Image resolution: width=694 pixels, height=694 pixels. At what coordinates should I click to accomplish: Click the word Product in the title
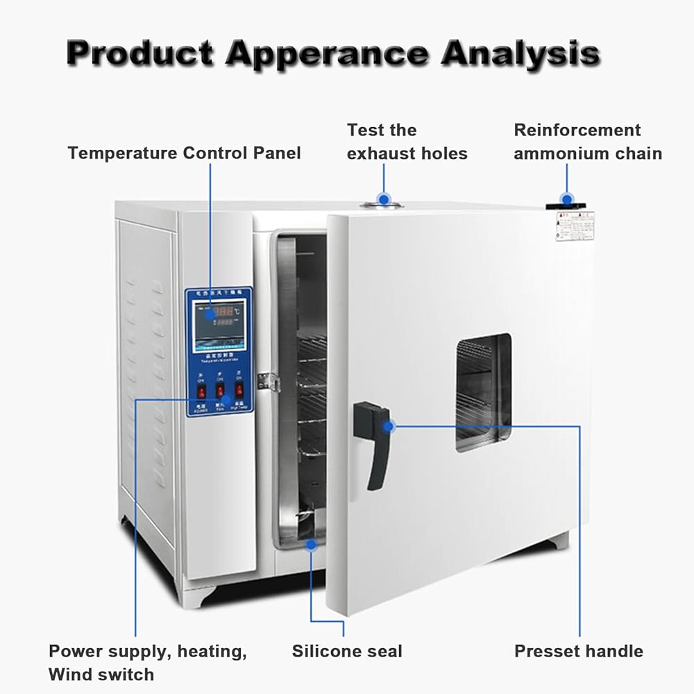tap(140, 53)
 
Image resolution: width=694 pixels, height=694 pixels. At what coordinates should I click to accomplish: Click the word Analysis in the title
tap(520, 53)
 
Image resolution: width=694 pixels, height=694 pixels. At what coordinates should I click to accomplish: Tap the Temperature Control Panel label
tap(185, 153)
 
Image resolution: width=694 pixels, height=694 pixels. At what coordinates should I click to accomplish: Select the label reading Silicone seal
tap(346, 651)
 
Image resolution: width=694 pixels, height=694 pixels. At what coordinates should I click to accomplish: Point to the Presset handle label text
tap(578, 651)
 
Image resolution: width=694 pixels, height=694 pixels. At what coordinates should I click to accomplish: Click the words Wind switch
tap(101, 674)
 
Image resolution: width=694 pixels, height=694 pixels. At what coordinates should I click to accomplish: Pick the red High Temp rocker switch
tap(239, 391)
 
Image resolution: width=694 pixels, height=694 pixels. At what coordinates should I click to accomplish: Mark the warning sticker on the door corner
tap(575, 226)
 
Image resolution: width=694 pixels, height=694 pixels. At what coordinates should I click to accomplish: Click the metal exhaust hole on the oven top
tap(381, 203)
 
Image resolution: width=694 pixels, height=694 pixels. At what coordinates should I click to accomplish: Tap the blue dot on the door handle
tap(391, 425)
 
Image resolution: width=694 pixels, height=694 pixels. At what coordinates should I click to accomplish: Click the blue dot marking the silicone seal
tap(312, 545)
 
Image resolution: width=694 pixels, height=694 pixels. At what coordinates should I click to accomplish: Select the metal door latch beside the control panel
tap(267, 380)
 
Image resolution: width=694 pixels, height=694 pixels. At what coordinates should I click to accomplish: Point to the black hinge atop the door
tap(566, 202)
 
